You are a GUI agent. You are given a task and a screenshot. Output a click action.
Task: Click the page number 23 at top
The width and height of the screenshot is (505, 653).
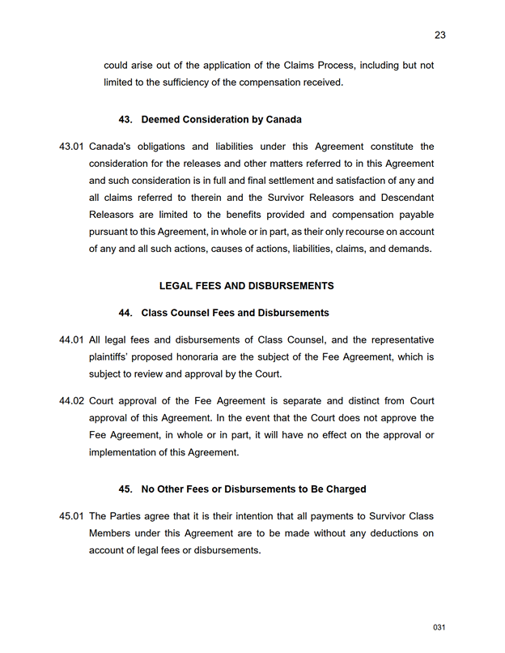[440, 35]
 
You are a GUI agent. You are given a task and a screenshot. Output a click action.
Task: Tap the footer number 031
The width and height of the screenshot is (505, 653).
[439, 628]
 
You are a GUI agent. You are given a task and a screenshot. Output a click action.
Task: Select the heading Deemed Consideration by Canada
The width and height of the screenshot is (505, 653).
[221, 120]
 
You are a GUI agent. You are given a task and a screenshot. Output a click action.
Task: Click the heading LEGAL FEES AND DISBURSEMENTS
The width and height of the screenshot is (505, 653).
[247, 286]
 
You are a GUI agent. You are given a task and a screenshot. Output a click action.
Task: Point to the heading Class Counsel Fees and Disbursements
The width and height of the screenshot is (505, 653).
[235, 313]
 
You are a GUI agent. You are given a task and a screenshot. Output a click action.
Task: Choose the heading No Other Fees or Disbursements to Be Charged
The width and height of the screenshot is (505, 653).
[253, 489]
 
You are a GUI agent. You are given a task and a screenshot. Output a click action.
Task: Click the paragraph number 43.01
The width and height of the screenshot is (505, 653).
[71, 147]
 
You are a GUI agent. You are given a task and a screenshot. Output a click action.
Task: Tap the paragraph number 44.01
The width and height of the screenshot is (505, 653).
[71, 339]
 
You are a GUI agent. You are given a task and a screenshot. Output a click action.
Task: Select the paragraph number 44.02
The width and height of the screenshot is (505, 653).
[71, 401]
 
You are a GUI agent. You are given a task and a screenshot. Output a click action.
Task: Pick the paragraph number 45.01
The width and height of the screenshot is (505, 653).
[71, 516]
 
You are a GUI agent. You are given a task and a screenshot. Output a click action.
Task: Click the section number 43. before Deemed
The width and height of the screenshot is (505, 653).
[125, 120]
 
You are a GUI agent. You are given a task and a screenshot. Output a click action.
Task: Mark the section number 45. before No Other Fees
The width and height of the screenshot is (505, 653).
[125, 489]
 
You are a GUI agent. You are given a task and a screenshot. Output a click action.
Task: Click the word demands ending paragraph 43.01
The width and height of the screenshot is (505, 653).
[410, 249]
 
